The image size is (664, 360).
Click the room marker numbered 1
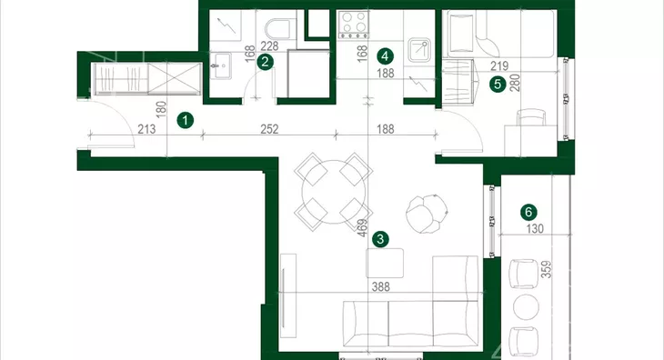(185, 121)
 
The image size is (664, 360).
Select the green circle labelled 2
(265, 62)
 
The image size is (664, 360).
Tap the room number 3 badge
(380, 239)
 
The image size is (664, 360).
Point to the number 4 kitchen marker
(385, 55)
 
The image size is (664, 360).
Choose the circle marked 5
(498, 85)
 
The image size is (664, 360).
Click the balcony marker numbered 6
(528, 212)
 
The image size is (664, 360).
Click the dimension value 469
(362, 227)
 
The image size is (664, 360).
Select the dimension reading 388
(381, 286)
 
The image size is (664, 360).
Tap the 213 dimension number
(146, 129)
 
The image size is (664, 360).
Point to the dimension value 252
(269, 129)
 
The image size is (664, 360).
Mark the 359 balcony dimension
(547, 269)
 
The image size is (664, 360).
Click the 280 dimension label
(515, 83)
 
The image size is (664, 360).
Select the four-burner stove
(353, 25)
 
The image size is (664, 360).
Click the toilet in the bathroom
(278, 26)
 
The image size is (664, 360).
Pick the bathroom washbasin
(221, 65)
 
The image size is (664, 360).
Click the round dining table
(334, 192)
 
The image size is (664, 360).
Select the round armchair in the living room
(427, 214)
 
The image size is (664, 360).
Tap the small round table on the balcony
(526, 306)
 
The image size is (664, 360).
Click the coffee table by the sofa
(385, 263)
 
